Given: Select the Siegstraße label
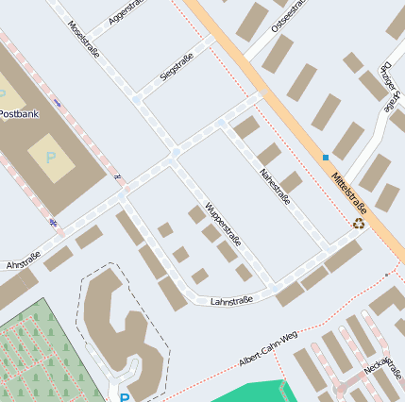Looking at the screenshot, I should click(177, 67).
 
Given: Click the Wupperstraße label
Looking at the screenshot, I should click(222, 222).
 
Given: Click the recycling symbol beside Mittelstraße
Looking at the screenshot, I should click(359, 224).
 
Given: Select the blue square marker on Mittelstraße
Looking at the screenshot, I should click(326, 157).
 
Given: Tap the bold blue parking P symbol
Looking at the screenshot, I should click(124, 397).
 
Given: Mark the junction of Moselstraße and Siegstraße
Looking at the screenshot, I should click(137, 98).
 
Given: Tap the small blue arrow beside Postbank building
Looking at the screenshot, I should click(59, 102).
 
